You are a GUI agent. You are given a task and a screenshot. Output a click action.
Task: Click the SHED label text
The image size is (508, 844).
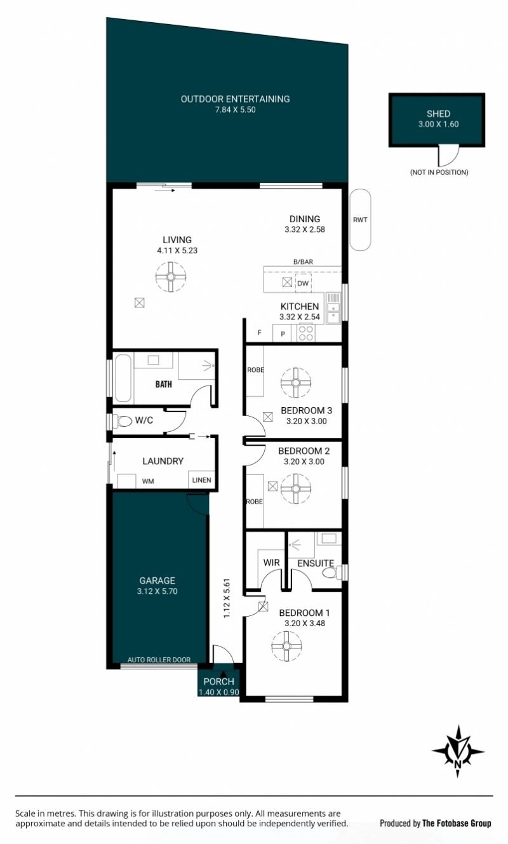click(438, 114)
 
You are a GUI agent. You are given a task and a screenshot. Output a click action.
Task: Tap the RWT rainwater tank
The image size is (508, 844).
click(360, 220)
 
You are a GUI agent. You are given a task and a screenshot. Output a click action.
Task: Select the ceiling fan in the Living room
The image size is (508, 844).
click(170, 277)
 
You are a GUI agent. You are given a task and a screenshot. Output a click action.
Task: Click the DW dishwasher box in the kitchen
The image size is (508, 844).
click(303, 283)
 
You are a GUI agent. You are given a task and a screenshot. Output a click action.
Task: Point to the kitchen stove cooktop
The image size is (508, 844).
click(305, 333)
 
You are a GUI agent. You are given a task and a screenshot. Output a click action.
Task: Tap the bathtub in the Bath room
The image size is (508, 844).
click(123, 377)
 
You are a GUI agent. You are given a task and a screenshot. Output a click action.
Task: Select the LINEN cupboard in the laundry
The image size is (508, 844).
click(201, 479)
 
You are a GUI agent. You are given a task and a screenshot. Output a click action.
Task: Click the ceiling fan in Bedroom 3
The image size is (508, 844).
click(296, 383)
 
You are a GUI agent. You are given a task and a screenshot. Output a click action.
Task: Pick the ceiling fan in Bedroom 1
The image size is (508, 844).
click(286, 646)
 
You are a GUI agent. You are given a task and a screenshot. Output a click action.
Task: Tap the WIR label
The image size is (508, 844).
click(271, 563)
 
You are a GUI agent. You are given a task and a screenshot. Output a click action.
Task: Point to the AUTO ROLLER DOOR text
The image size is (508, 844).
click(159, 660)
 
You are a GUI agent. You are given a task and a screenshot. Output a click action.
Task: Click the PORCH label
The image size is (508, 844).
click(218, 681)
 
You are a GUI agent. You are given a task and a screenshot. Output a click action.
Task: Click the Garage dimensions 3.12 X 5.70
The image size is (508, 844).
click(157, 591)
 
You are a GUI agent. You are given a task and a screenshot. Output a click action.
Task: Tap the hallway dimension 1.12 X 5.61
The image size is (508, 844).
click(227, 598)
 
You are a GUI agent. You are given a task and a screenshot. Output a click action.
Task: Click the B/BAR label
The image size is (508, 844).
click(303, 262)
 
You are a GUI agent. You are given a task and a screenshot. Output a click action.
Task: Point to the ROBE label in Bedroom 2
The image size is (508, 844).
click(255, 502)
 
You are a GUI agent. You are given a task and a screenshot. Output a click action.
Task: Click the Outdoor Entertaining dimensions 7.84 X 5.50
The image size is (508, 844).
click(235, 110)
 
